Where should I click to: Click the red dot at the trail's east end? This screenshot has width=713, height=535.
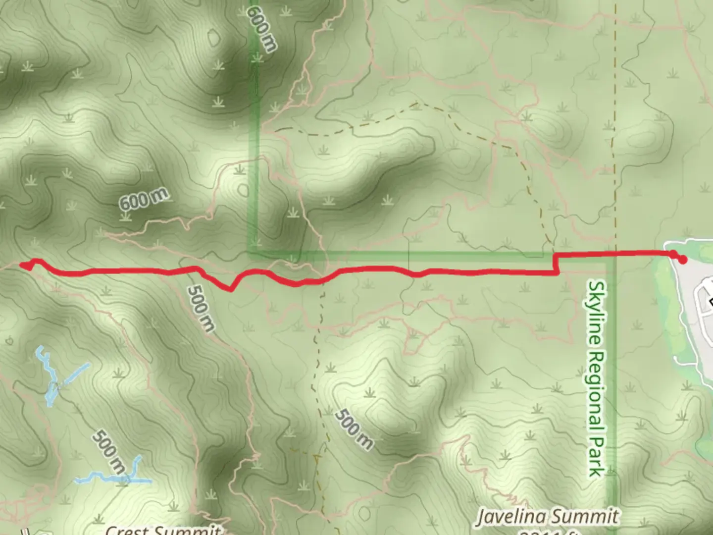point(683,259)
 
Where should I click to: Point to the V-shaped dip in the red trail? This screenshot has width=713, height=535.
point(231,289)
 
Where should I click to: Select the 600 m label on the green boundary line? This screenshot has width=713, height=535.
point(261,28)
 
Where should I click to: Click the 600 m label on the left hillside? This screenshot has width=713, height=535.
point(144,199)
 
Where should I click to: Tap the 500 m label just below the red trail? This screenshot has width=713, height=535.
point(202,308)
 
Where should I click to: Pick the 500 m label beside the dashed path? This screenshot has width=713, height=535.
point(354,429)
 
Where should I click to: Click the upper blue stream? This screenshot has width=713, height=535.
point(54,379)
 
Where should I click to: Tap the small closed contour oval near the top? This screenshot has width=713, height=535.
point(214,38)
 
